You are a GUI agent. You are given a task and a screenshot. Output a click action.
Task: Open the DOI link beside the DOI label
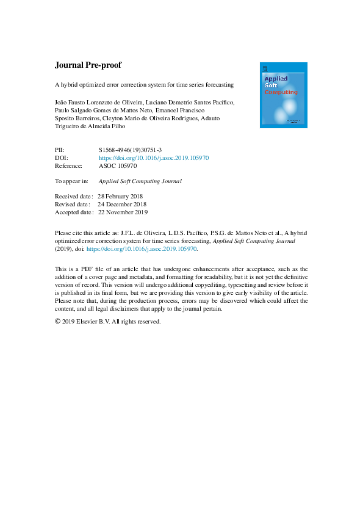pyautogui.click(x=154, y=157)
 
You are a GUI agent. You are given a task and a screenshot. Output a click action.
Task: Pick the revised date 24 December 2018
pyautogui.click(x=122, y=205)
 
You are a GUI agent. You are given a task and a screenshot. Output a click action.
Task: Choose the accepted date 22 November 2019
pyautogui.click(x=123, y=212)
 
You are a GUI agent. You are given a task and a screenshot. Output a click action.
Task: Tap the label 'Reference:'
pyautogui.click(x=69, y=165)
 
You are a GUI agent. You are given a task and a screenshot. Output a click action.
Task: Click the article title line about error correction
pyautogui.click(x=145, y=84)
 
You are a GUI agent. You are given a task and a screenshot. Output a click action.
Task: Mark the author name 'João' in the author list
pyautogui.click(x=62, y=101)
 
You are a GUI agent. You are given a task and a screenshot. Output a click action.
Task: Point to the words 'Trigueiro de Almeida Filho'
pyautogui.click(x=92, y=126)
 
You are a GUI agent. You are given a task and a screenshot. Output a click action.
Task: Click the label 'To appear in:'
pyautogui.click(x=71, y=181)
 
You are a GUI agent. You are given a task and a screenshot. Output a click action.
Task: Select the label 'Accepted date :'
pyautogui.click(x=74, y=212)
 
